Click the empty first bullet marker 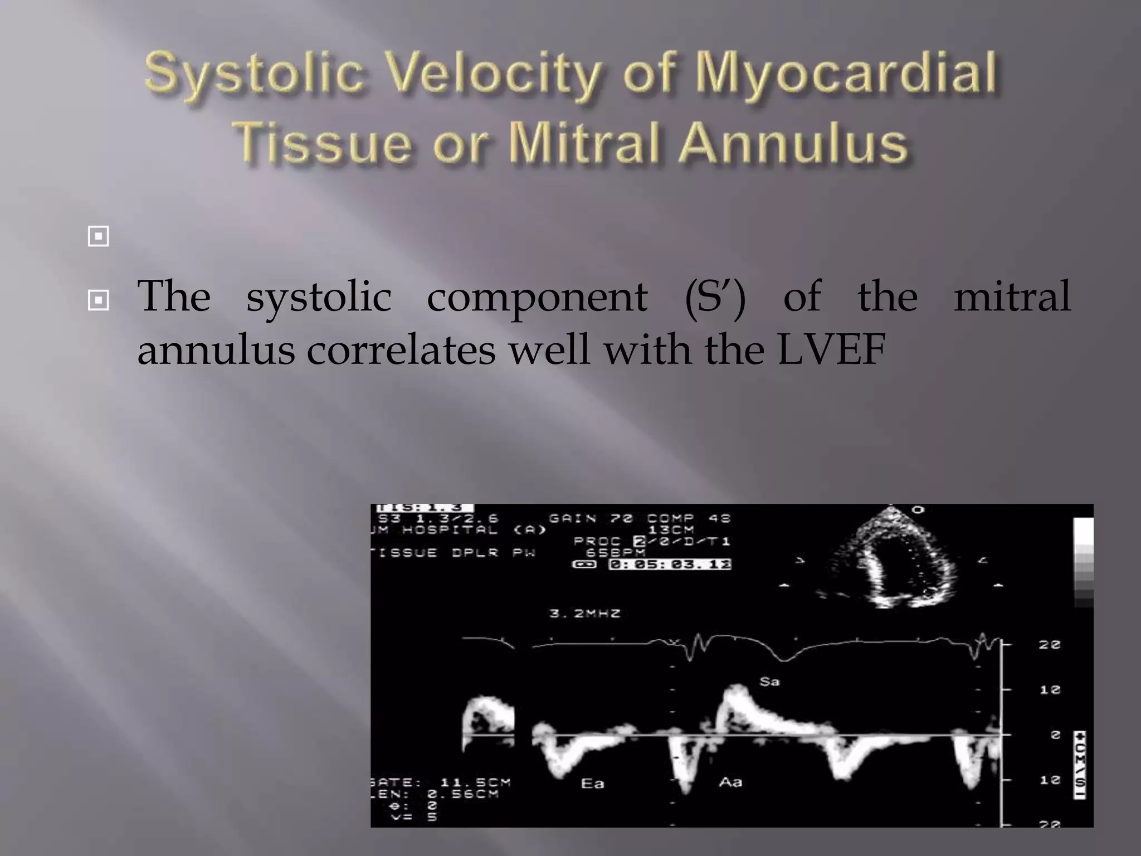point(98,236)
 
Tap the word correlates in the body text point(401,350)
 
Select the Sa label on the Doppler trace point(769,682)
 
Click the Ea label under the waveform point(592,784)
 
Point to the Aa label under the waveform point(730,782)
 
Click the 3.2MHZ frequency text point(584,614)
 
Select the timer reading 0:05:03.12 point(669,565)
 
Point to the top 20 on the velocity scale point(1049,645)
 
